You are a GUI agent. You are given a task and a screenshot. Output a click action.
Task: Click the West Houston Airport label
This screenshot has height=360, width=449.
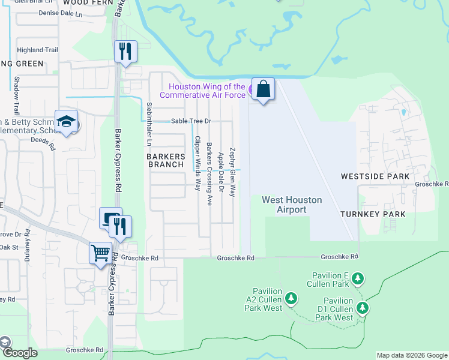[x=292, y=205]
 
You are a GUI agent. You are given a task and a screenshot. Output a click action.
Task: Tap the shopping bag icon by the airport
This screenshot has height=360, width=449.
[x=263, y=89]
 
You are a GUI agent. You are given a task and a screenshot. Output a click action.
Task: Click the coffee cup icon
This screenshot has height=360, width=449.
[x=110, y=218]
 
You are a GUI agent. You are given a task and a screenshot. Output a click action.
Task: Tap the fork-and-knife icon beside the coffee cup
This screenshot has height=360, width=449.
[x=121, y=226]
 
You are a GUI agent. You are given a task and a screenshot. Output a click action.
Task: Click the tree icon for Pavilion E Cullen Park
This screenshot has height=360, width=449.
[x=358, y=278]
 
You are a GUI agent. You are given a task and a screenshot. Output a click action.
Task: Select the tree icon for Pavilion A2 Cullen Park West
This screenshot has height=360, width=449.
[x=291, y=298]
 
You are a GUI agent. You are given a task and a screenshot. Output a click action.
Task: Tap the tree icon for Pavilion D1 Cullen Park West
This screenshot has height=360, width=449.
[x=362, y=308]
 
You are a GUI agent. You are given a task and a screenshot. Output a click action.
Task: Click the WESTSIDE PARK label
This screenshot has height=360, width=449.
[x=375, y=176]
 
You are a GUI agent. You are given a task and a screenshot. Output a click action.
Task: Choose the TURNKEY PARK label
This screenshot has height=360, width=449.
[x=373, y=214]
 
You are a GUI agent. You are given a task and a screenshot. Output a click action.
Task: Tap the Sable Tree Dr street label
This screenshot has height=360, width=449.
[x=192, y=121]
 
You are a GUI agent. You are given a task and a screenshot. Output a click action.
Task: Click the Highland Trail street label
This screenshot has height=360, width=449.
[x=38, y=50]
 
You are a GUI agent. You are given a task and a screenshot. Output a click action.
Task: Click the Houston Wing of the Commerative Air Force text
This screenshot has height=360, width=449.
[x=203, y=91]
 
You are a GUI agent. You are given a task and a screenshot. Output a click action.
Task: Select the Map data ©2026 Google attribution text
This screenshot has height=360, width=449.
[x=411, y=355]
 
